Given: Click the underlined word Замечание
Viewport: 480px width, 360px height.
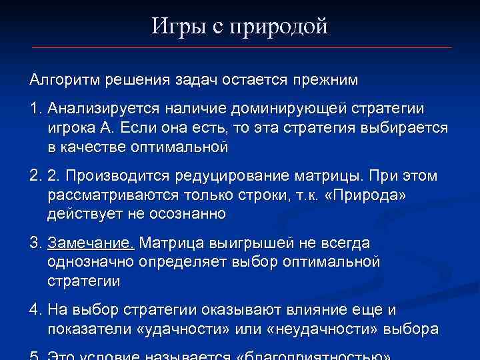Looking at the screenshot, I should click(91, 243).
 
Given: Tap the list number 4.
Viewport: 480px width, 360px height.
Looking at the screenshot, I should click(35, 311).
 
